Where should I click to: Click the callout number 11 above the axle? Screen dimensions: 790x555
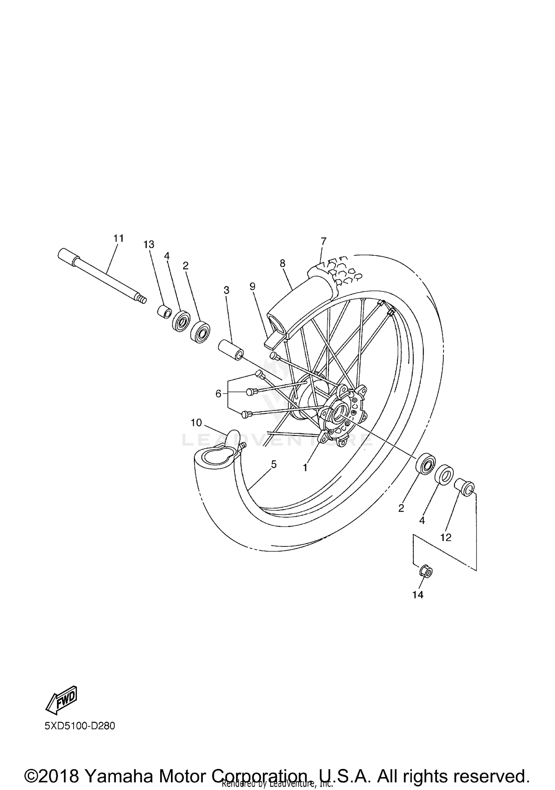pyautogui.click(x=118, y=238)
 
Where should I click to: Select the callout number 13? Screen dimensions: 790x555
pyautogui.click(x=149, y=244)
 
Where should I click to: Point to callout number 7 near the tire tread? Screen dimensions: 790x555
pyautogui.click(x=324, y=241)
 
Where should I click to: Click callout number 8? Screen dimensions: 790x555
pyautogui.click(x=283, y=263)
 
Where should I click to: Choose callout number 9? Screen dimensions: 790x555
pyautogui.click(x=252, y=286)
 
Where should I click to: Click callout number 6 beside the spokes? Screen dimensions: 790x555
pyautogui.click(x=218, y=394)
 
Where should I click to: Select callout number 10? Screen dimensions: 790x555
pyautogui.click(x=196, y=422)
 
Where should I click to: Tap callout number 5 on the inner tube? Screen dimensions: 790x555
pyautogui.click(x=273, y=464)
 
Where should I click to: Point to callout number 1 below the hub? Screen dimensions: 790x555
pyautogui.click(x=305, y=468)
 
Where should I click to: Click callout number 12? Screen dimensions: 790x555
pyautogui.click(x=446, y=538)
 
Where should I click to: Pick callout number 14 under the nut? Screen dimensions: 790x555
pyautogui.click(x=418, y=595)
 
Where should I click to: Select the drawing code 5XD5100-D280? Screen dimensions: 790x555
pyautogui.click(x=80, y=726)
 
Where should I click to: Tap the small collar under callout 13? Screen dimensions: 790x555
pyautogui.click(x=163, y=311)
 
